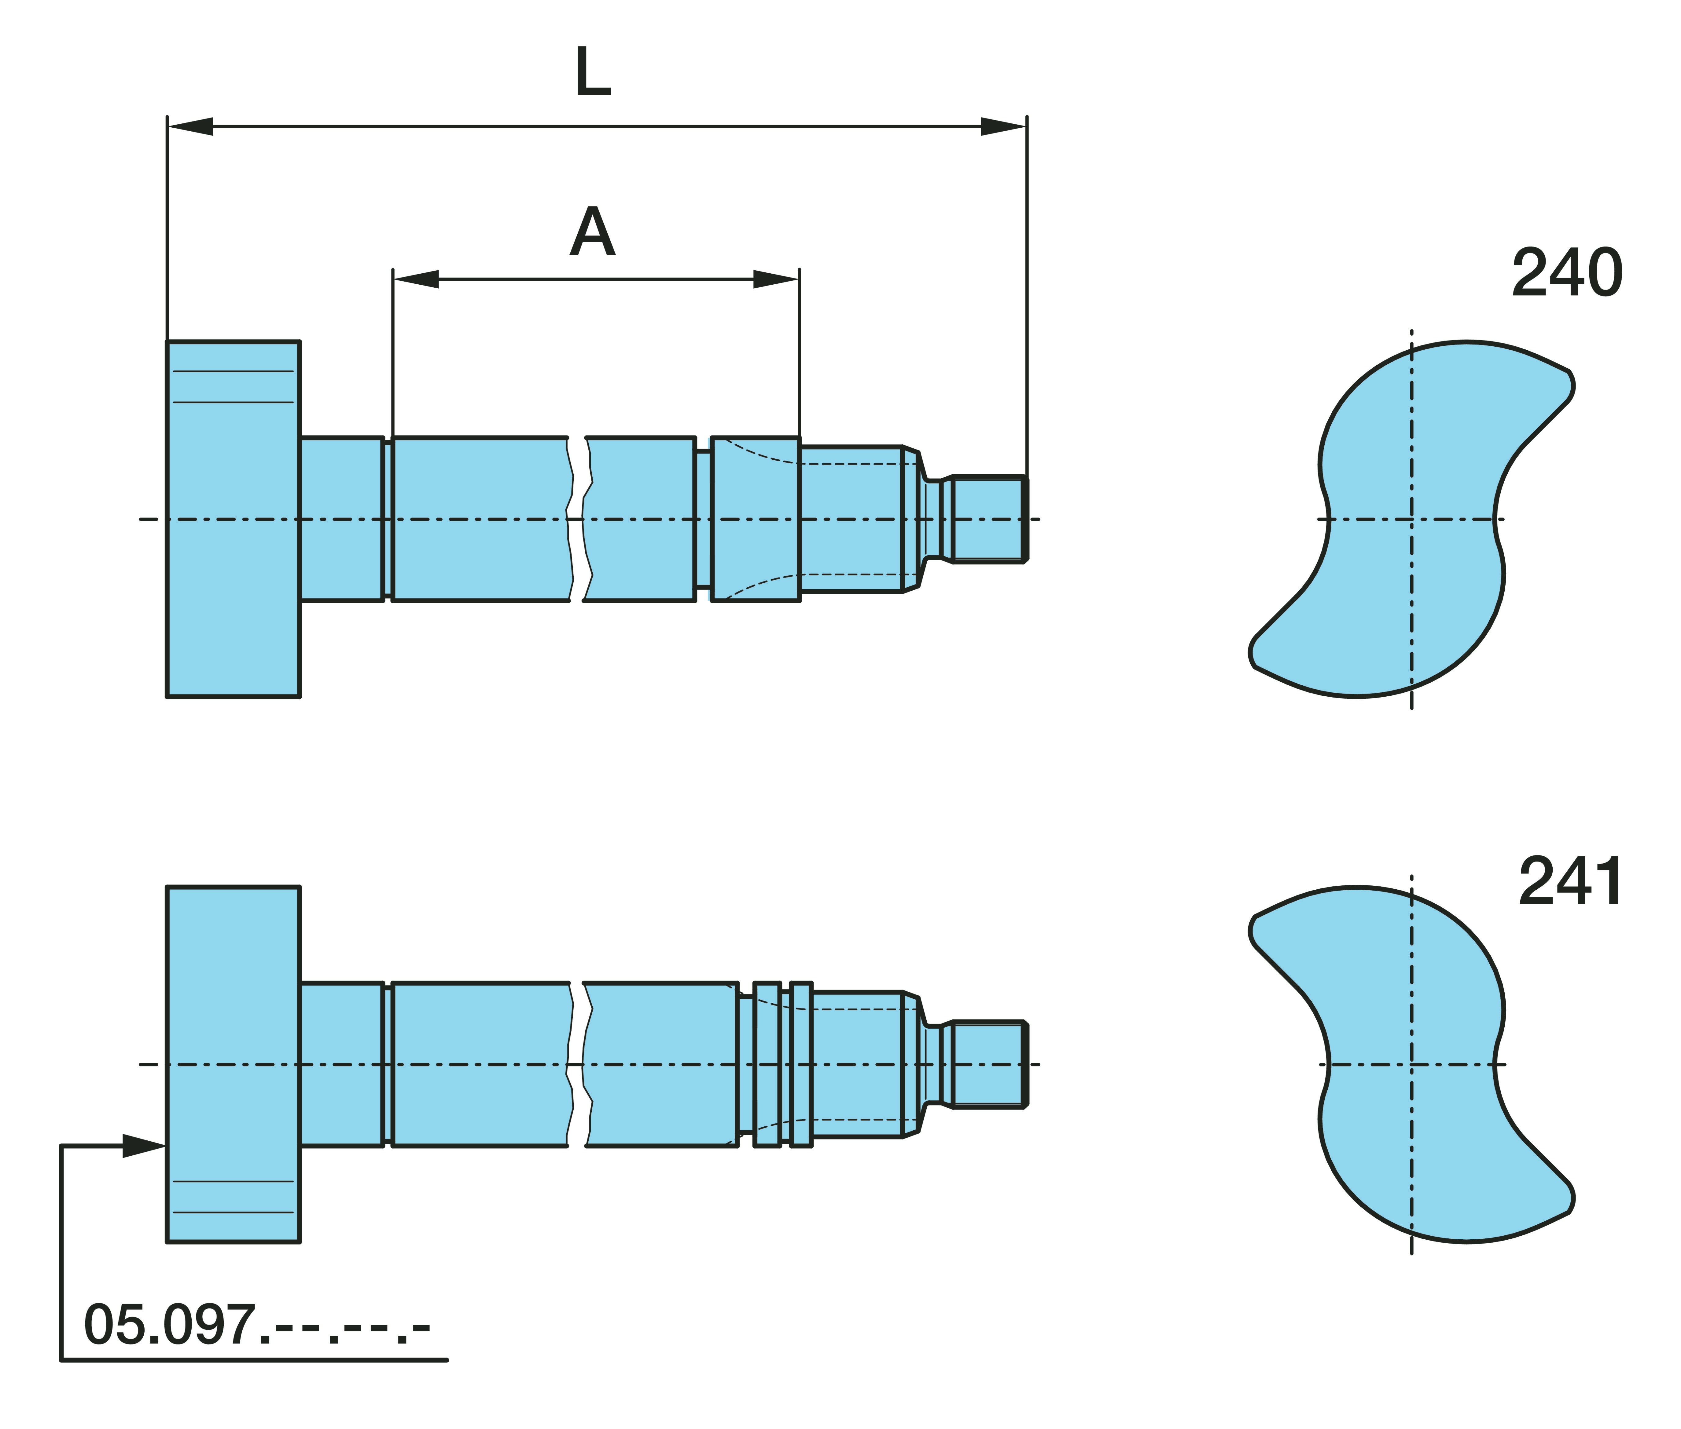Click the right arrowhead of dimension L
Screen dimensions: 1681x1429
1003,126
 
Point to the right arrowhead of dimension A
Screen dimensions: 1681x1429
777,279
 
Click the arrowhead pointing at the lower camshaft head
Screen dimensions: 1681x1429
144,1146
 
